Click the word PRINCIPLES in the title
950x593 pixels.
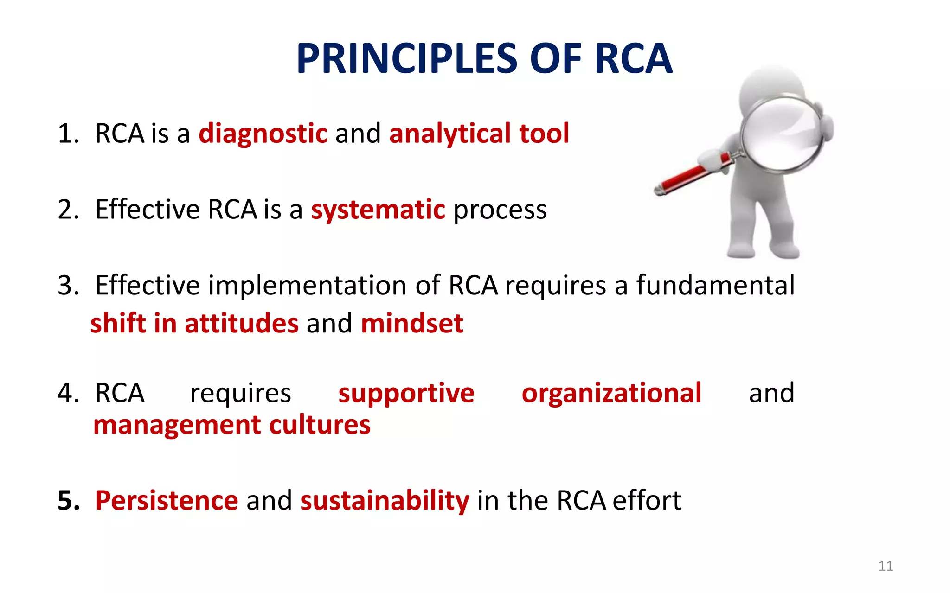(407, 59)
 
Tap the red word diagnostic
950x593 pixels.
(263, 134)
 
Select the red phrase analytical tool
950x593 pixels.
(479, 134)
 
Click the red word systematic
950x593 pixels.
(378, 210)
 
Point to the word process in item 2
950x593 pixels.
(500, 210)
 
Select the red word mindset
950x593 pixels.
(412, 323)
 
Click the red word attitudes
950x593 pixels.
(241, 323)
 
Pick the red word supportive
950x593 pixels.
(406, 394)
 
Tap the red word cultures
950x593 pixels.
(320, 425)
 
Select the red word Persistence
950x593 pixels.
(167, 501)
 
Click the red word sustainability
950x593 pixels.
(385, 501)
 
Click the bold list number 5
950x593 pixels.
(68, 501)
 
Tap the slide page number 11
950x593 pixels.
(885, 566)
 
